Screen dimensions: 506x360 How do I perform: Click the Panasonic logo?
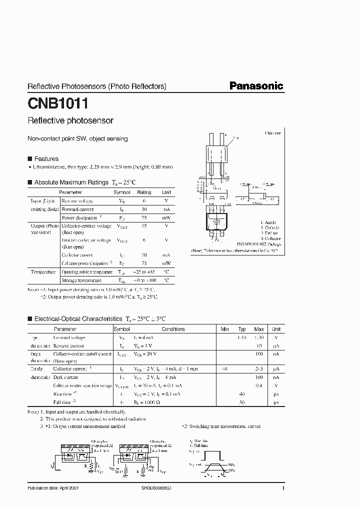(x=256, y=86)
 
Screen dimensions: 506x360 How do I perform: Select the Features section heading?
(x=46, y=158)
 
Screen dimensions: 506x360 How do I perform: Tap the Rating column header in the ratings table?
(x=144, y=192)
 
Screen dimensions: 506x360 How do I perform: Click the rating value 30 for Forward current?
(x=144, y=209)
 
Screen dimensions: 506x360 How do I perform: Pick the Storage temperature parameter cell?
(x=81, y=280)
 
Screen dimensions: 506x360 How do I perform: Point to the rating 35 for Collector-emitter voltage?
(x=144, y=226)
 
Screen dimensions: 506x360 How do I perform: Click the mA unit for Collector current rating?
(x=166, y=254)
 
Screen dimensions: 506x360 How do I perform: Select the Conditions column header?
(x=173, y=329)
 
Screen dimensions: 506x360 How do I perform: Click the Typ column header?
(x=242, y=329)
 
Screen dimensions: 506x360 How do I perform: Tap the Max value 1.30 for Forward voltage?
(x=258, y=337)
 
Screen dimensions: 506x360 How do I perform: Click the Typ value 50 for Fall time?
(x=242, y=402)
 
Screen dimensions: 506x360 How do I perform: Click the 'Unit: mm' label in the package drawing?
(x=273, y=133)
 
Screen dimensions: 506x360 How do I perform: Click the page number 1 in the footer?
(x=283, y=487)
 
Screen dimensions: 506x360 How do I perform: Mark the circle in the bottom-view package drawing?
(x=216, y=221)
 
